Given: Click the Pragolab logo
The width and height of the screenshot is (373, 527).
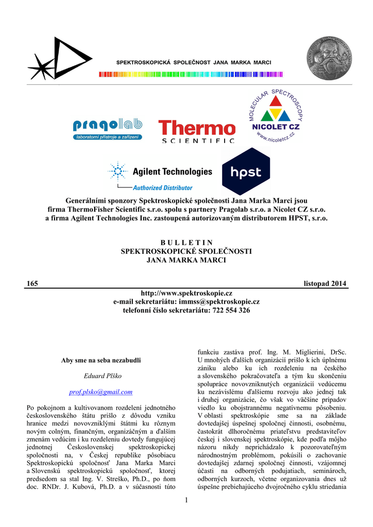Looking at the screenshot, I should coord(107,129).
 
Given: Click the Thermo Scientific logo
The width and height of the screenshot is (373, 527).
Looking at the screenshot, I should coord(197,131).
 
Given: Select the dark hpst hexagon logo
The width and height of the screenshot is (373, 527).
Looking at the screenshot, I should coord(246,172).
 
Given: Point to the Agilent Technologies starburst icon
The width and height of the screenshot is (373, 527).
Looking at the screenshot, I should coord(117,171).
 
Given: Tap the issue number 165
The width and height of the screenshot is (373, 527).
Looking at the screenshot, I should coord(32,284).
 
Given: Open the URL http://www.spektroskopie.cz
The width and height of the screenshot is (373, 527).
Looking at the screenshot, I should coord(186,293).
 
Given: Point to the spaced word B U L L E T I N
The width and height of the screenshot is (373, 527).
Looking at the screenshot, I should coord(186,242).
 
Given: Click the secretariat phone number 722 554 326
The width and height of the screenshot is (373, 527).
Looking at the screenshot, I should coord(230,310).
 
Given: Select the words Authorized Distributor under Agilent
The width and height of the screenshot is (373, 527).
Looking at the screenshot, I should coord(162,188).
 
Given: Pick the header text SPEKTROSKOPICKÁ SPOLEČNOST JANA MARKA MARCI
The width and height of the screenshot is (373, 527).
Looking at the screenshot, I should coord(193,62).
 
